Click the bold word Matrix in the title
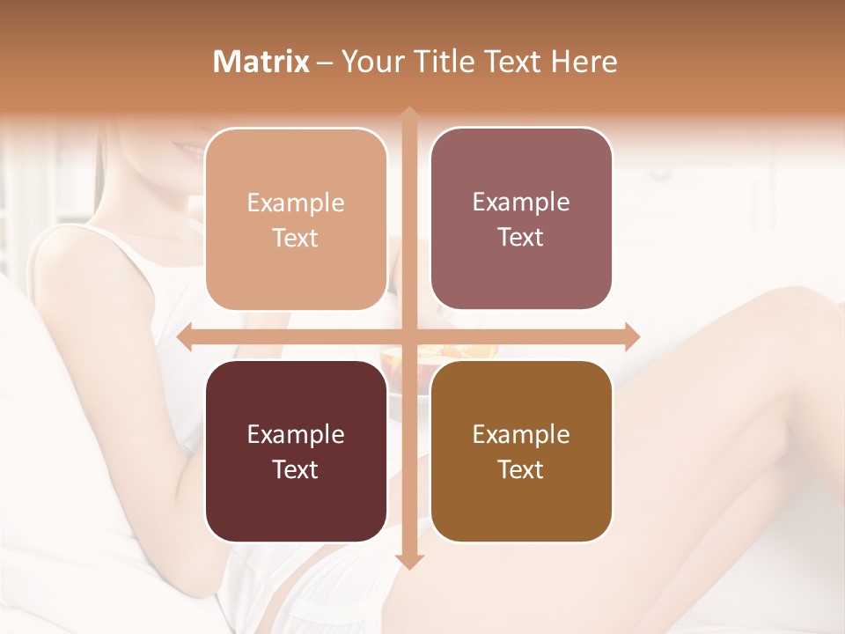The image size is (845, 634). pos(261,62)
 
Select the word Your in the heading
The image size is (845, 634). pos(368,62)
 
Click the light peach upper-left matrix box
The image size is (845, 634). pos(296,219)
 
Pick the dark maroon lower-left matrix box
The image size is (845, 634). pos(296,451)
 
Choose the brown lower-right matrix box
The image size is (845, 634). pos(521,451)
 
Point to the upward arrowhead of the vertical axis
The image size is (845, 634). pos(408,114)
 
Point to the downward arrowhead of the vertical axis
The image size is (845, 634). pos(408,561)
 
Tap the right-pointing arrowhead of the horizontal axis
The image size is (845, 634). pos(632,336)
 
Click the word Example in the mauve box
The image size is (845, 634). pos(521,202)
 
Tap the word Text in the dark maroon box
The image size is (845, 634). pos(296,469)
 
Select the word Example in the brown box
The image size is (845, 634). pos(521,434)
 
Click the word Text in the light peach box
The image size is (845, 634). pos(296,238)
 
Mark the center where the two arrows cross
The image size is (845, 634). pos(408,336)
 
